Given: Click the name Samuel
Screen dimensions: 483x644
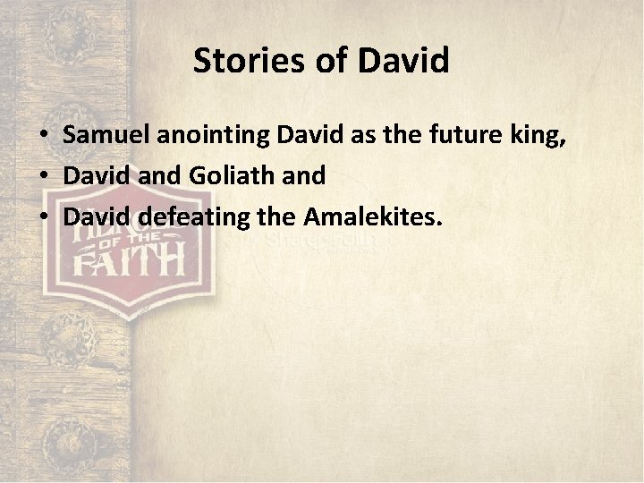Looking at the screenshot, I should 105,137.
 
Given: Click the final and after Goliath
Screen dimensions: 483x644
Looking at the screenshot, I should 306,176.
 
